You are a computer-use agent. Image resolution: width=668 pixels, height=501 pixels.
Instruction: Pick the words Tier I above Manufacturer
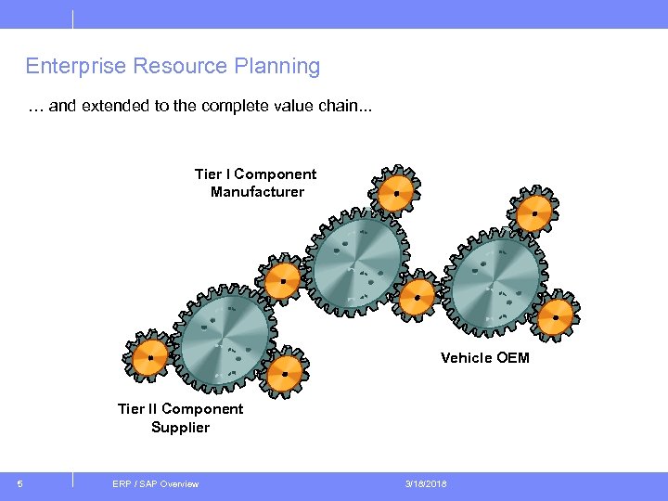[212, 174]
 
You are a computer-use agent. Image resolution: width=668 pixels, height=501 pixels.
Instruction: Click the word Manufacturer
[257, 192]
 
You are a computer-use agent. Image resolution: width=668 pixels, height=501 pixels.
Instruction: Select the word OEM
[513, 357]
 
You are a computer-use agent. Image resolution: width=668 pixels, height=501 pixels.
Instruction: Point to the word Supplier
[180, 428]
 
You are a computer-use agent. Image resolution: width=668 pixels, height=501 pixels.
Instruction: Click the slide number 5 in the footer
[20, 483]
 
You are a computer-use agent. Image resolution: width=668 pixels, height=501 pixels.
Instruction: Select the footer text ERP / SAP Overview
[155, 483]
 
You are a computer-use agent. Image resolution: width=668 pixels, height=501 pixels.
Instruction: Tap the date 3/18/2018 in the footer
[426, 483]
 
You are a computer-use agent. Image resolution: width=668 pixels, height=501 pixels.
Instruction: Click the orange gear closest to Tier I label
[395, 193]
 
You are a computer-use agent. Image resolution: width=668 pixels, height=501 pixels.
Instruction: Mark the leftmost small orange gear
[150, 356]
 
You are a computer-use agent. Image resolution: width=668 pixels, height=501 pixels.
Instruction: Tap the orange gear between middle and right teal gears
[417, 298]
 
